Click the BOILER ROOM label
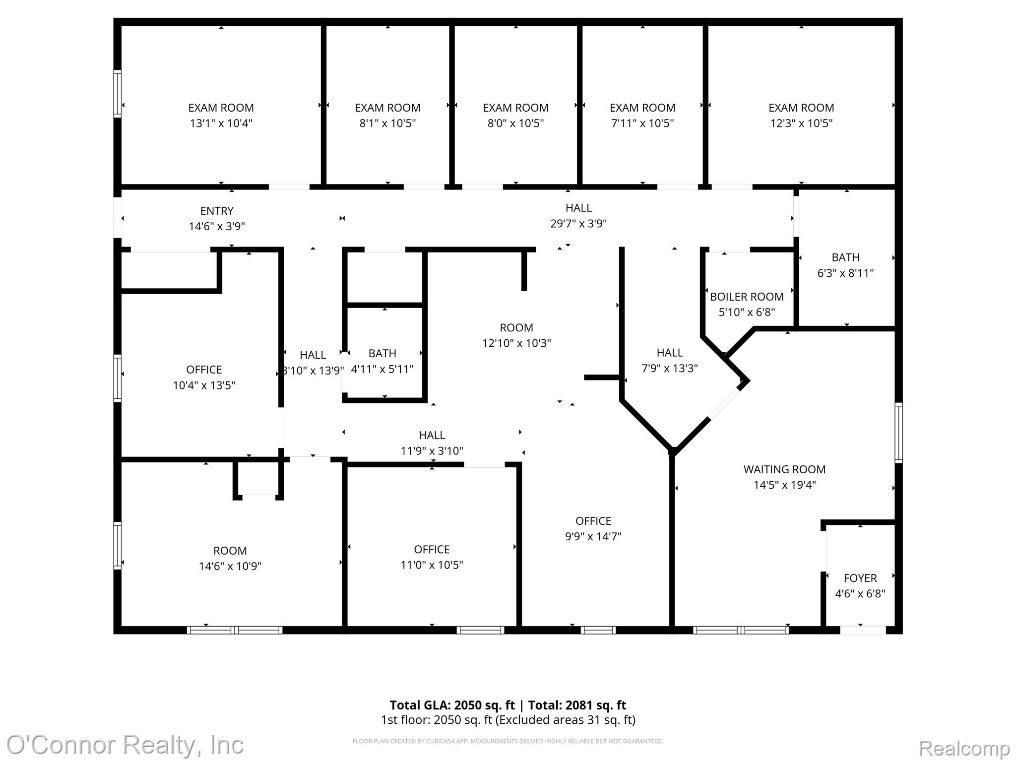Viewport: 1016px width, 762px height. (x=747, y=297)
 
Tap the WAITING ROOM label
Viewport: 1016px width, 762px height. (x=784, y=469)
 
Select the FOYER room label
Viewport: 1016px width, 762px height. (x=860, y=578)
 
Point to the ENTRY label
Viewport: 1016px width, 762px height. (x=217, y=211)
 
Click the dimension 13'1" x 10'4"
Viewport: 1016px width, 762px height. (x=221, y=123)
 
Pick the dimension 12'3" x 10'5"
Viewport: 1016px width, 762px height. (x=801, y=123)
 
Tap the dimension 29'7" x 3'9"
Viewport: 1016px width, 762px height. (x=578, y=223)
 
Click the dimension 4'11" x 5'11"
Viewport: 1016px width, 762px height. (x=382, y=369)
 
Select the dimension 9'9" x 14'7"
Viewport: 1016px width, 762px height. (x=593, y=536)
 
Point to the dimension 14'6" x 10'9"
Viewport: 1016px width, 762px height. (x=230, y=566)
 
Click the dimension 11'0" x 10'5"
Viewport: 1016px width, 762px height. (x=432, y=565)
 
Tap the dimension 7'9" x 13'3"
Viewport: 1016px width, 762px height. (x=670, y=368)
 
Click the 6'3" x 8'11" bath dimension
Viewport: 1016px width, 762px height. (x=845, y=273)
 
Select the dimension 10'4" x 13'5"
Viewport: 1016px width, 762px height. (x=204, y=385)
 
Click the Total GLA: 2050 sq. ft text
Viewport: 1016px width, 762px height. (x=452, y=705)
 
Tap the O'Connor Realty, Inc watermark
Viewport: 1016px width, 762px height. (x=125, y=745)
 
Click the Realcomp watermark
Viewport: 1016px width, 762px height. (x=964, y=748)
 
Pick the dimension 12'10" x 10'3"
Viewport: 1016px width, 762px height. (x=516, y=343)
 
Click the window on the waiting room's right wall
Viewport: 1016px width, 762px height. (x=898, y=433)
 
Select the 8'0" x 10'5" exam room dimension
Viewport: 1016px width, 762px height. (x=515, y=123)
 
